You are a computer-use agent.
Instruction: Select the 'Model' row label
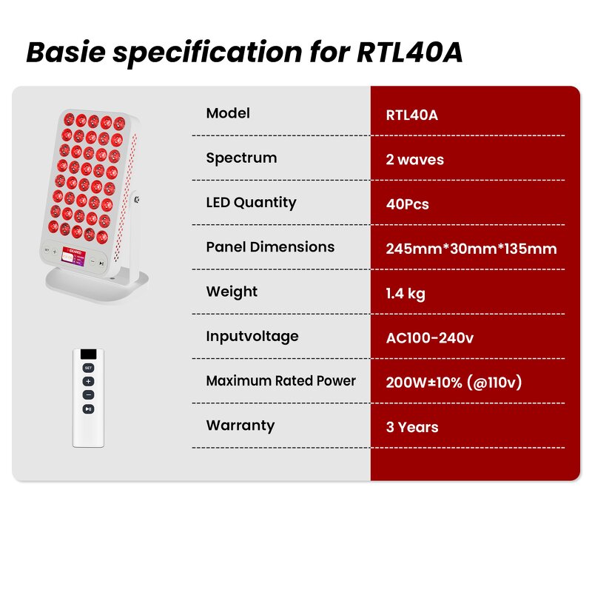[x=228, y=113]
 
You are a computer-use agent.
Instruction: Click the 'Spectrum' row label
[x=241, y=158]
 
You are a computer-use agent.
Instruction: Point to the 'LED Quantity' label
[x=251, y=202]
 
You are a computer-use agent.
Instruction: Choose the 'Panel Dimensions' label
[x=270, y=247]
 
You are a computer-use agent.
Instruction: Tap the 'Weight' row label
[x=232, y=292]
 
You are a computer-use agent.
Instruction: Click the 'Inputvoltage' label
[x=252, y=336]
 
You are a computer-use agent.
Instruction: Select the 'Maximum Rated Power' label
[x=280, y=381]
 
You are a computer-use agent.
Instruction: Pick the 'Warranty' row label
[x=240, y=425]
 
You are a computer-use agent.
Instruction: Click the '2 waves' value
[x=414, y=160]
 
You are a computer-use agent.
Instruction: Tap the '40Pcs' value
[x=407, y=204]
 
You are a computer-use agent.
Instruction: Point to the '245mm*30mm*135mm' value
[x=471, y=249]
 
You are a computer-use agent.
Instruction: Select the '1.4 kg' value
[x=406, y=294]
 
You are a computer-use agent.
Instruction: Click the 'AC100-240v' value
[x=429, y=338]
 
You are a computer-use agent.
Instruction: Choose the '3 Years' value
[x=412, y=427]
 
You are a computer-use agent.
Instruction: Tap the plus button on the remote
[x=88, y=382]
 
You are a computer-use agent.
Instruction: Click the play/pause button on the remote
[x=88, y=408]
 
